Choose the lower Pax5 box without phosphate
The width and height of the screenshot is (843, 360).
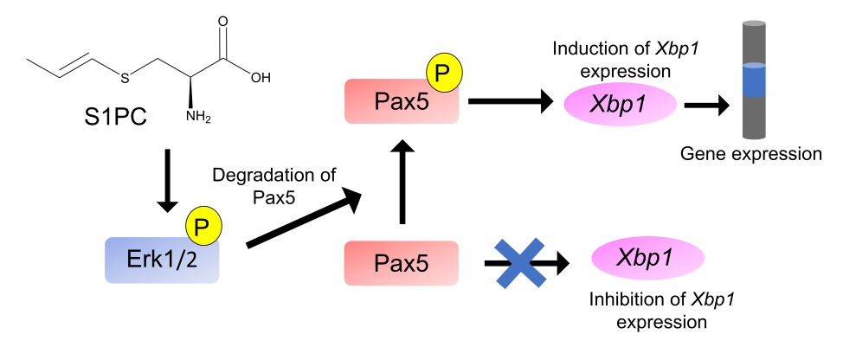(x=401, y=264)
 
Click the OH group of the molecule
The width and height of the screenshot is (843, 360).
(x=260, y=76)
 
